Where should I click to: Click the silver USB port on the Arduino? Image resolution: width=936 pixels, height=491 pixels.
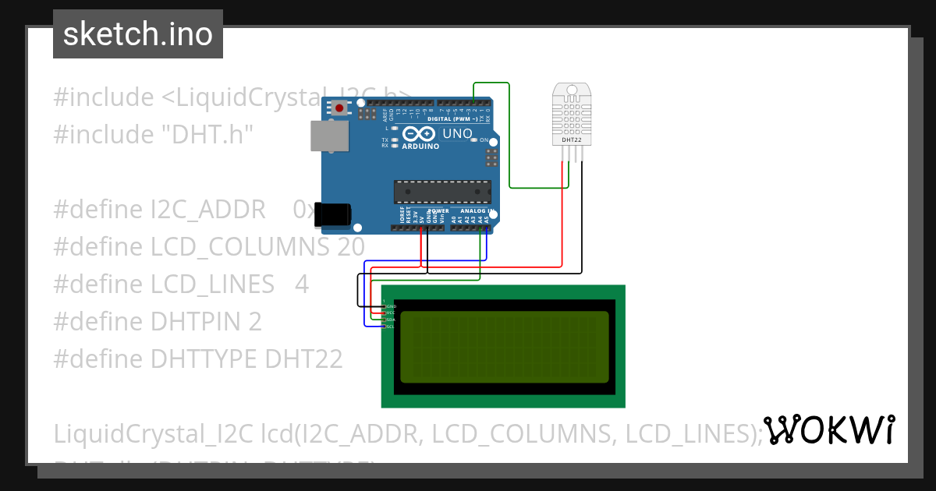click(328, 136)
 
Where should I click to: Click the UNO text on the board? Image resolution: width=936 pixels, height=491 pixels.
click(457, 133)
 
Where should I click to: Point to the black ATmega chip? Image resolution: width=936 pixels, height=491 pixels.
click(442, 192)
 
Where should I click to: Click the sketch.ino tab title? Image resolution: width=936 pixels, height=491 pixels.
click(138, 34)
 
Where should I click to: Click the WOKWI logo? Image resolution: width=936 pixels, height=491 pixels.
click(828, 429)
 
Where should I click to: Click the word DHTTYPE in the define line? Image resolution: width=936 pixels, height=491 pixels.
click(204, 359)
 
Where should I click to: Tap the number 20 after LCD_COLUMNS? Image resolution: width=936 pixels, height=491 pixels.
click(351, 247)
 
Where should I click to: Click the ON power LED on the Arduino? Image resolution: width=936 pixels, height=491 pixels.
click(485, 140)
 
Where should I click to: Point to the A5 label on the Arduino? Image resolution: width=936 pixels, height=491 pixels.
click(487, 220)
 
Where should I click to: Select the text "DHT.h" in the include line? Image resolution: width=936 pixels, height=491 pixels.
click(207, 134)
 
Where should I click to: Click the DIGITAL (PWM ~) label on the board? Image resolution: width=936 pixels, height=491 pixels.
click(463, 118)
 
